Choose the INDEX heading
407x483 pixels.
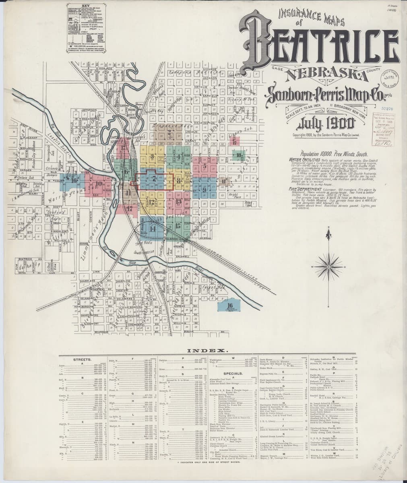[x=205, y=350]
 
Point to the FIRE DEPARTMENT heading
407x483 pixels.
[x=306, y=189]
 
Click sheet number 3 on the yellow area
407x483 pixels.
[x=152, y=156]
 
